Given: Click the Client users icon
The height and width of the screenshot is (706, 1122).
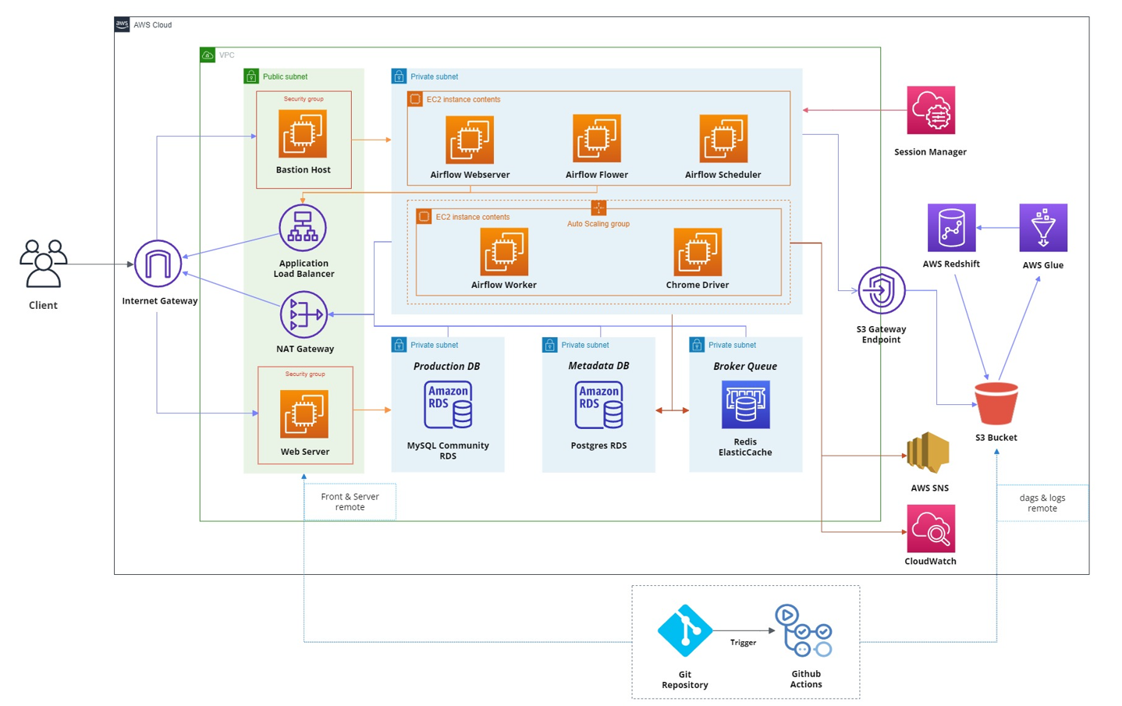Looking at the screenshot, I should pos(43,264).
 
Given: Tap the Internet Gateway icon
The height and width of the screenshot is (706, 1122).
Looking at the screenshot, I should pos(158,264).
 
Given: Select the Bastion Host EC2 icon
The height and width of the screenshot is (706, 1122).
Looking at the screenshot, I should pos(303,133).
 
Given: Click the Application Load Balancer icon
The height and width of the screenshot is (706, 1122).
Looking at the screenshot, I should pos(303,228).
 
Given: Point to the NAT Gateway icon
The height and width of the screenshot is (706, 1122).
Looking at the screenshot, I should pos(304,314).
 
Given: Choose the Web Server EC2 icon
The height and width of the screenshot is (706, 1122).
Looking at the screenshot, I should pos(304,413).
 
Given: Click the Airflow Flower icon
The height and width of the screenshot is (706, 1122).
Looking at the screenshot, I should pos(597,138).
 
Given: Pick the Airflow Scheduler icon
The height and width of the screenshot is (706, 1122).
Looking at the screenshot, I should pos(723,138).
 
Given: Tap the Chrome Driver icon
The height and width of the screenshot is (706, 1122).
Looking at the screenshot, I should pos(698,252).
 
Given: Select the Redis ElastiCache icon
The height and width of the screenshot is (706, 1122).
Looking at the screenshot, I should pos(745,404).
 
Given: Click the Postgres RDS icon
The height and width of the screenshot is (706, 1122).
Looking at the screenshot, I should pos(598,404).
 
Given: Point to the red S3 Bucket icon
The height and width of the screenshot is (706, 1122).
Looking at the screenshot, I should pos(996,403).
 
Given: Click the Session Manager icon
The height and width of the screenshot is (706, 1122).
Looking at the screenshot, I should pos(931,110).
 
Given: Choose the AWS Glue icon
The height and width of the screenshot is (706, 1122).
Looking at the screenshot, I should pos(1043,228).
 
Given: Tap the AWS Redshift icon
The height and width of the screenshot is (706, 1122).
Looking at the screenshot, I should pos(951,228).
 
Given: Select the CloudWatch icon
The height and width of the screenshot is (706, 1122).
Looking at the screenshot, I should pos(931,528).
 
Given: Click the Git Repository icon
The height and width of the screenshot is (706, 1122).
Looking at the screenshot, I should pos(684,630).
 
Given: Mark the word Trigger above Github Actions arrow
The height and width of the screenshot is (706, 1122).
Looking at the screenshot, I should pos(743,643).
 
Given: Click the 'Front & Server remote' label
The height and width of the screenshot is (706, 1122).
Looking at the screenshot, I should pos(350,502).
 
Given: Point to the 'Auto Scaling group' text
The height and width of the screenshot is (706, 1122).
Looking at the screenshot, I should pos(598,224).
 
